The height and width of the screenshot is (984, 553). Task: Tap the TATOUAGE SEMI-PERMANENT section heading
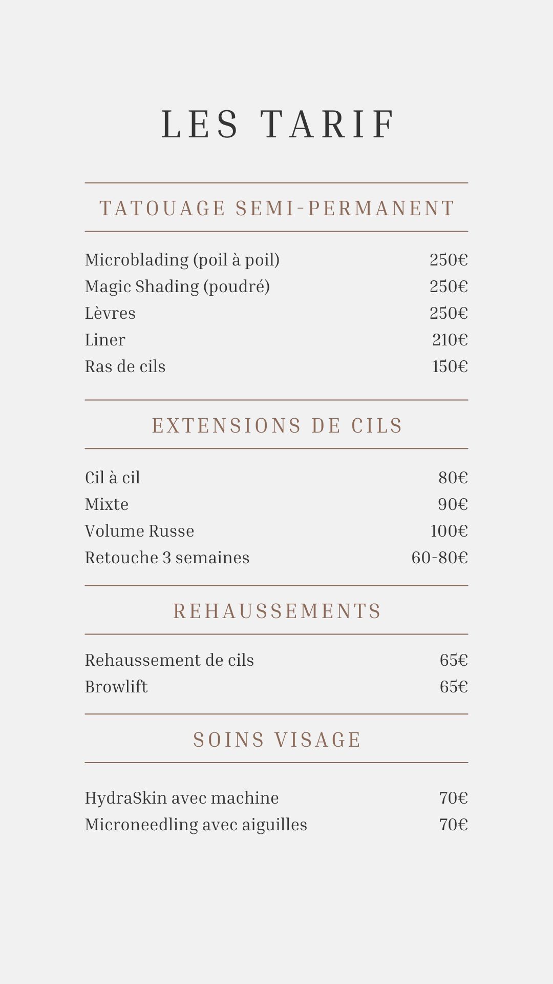click(x=276, y=209)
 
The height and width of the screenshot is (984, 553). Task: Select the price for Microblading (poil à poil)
click(x=449, y=260)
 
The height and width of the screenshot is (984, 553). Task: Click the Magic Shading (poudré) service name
click(x=177, y=286)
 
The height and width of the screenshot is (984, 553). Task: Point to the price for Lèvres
click(x=449, y=313)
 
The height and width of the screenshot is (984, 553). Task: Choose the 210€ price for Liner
click(x=450, y=340)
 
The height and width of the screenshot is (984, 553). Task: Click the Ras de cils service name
click(x=125, y=366)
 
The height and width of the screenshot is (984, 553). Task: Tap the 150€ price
click(x=450, y=366)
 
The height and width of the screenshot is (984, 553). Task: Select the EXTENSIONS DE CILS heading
click(x=277, y=426)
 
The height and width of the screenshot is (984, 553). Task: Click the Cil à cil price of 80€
click(x=453, y=478)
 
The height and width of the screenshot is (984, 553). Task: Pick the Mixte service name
click(x=107, y=504)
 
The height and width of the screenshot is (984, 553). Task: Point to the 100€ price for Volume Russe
click(x=449, y=531)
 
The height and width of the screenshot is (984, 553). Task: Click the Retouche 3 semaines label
click(x=167, y=558)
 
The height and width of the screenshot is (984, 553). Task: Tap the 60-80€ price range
click(x=439, y=558)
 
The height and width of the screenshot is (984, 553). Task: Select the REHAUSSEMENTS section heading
click(x=277, y=611)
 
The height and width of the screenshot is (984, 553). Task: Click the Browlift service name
click(x=116, y=687)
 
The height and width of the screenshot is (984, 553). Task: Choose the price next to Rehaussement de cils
click(x=454, y=660)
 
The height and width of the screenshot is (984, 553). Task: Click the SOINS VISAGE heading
click(x=277, y=740)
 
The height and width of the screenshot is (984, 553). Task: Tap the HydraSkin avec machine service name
click(x=182, y=798)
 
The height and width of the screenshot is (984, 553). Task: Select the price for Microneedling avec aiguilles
click(x=454, y=825)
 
